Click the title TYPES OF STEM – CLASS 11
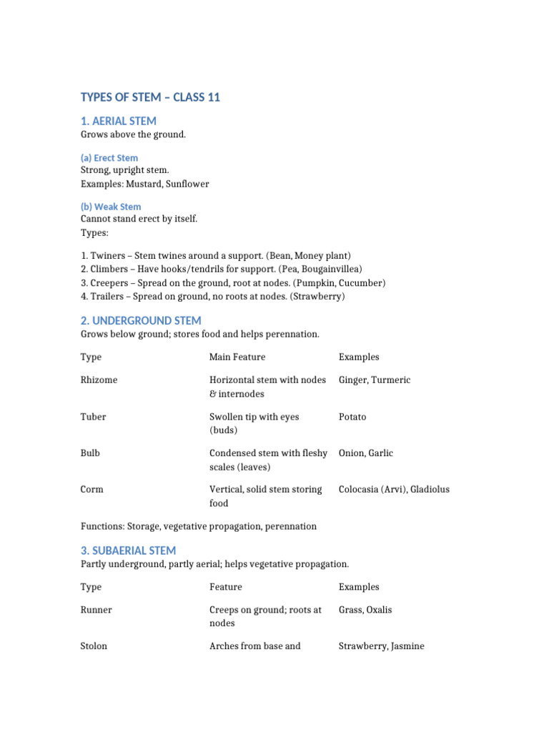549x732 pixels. pos(150,97)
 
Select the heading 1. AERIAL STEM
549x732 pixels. pos(118,121)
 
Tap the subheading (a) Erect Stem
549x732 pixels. pos(109,157)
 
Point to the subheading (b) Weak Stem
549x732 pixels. pos(111,207)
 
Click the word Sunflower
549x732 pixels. pos(187,184)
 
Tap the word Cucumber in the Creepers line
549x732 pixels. pos(362,282)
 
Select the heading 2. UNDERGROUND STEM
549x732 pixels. pos(141,320)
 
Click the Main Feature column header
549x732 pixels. pos(237,357)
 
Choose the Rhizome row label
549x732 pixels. pos(99,380)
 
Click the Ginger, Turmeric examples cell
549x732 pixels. pos(375,380)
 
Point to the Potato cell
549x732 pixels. pos(352,416)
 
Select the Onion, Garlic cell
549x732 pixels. pos(366,452)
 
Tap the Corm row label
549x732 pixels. pos(92,489)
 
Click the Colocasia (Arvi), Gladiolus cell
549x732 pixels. pos(394,489)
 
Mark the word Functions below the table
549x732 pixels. pos(102,526)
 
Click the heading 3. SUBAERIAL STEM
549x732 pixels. pos(128,550)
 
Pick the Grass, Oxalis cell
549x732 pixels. pos(365,610)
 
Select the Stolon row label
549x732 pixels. pos(94,646)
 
